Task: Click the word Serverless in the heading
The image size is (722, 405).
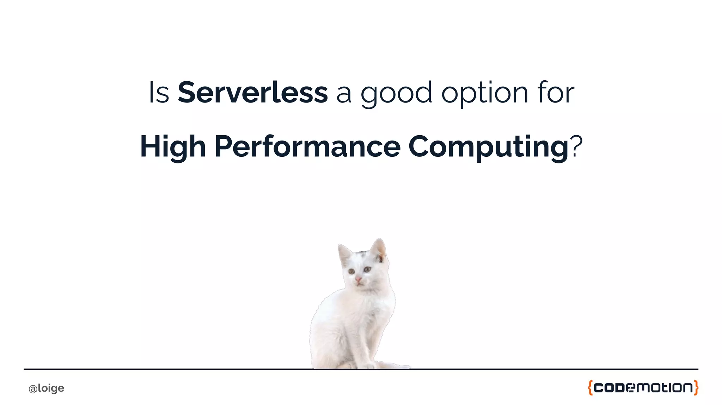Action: (252, 93)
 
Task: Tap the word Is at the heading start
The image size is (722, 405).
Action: (159, 93)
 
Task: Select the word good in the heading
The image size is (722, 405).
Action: (396, 93)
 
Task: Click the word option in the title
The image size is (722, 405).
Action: (484, 93)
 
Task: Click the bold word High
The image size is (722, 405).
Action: (173, 147)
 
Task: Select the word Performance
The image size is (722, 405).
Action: (307, 147)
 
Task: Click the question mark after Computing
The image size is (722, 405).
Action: (576, 146)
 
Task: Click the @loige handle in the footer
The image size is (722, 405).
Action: (46, 388)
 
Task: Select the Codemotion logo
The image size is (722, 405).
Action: (643, 388)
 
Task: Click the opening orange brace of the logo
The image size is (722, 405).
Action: (590, 388)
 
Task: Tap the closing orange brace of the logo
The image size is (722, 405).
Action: (696, 388)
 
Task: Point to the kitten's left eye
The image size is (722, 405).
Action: (351, 271)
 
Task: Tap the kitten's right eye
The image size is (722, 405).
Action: (367, 269)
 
